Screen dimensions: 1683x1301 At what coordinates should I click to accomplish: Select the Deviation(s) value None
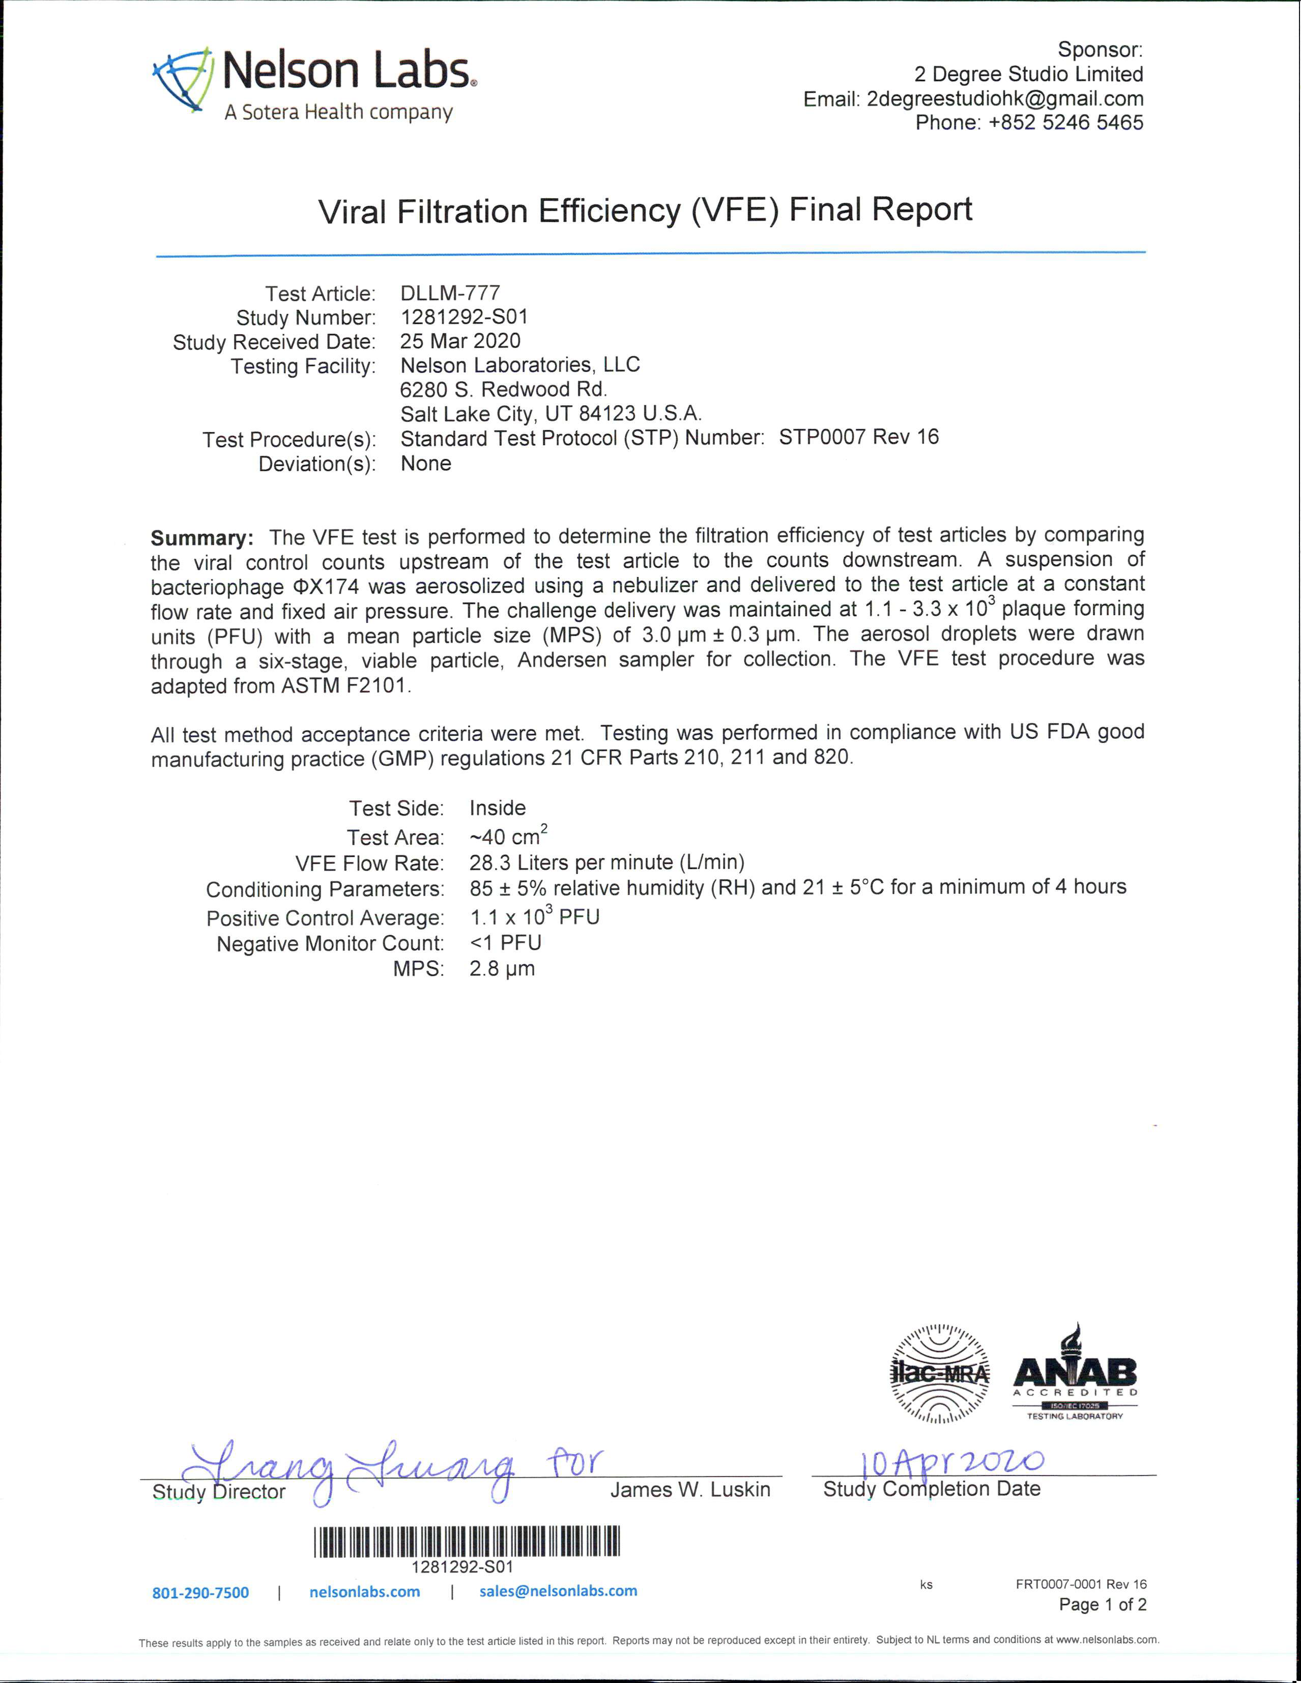[x=425, y=463]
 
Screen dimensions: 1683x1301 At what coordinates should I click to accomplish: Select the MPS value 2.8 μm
[x=502, y=969]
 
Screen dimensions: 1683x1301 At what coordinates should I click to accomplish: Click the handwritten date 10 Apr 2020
[x=952, y=1461]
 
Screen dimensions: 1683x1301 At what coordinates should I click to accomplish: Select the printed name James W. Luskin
[x=690, y=1490]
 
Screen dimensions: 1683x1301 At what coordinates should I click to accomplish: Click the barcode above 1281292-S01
[x=466, y=1541]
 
